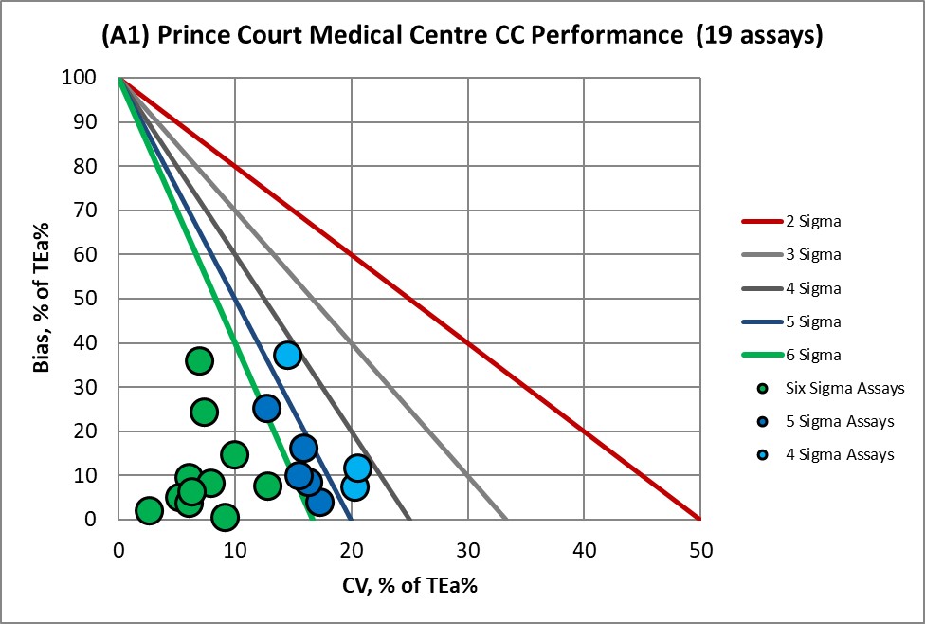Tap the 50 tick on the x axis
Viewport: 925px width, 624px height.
pyautogui.click(x=699, y=547)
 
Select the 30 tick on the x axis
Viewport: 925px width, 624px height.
pyautogui.click(x=467, y=547)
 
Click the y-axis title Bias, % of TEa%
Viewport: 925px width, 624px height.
pyautogui.click(x=43, y=299)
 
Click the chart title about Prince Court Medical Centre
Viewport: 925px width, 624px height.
pyautogui.click(x=462, y=37)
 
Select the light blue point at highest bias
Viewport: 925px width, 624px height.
pyautogui.click(x=287, y=356)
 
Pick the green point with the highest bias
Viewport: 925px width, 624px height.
pyautogui.click(x=199, y=360)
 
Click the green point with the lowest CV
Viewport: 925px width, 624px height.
pyautogui.click(x=149, y=510)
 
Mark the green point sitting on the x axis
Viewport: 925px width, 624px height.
pyautogui.click(x=225, y=517)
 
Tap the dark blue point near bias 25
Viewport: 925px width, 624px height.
pyautogui.click(x=266, y=408)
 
